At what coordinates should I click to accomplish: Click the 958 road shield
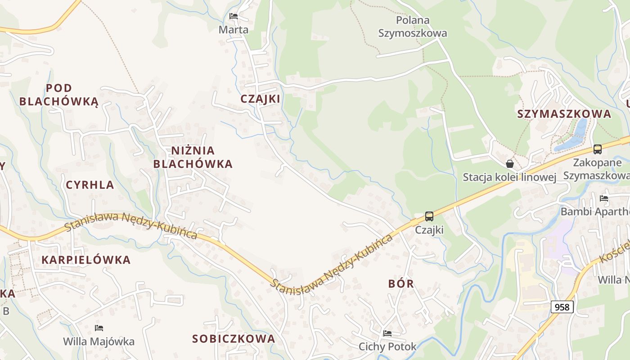[x=562, y=307]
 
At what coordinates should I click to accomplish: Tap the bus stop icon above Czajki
[x=429, y=216]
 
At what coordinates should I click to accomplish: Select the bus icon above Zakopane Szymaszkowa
[x=597, y=149]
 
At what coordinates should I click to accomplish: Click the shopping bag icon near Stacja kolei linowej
[x=510, y=164]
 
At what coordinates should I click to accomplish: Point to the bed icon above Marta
[x=233, y=16]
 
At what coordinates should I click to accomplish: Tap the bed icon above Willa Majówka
[x=99, y=328]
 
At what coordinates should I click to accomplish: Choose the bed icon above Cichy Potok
[x=387, y=333]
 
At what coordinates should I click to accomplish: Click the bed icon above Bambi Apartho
[x=604, y=198]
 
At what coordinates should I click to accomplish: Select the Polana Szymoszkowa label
[x=413, y=27]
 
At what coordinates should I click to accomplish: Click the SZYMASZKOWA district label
[x=564, y=114]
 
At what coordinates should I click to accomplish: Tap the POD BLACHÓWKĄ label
[x=58, y=94]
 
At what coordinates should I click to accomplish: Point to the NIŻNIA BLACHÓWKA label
[x=193, y=157]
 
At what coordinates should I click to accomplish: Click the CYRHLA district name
[x=90, y=185]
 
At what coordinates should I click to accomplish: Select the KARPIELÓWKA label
[x=86, y=260]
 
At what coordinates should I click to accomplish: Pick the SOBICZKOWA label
[x=234, y=339]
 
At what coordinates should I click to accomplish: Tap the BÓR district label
[x=401, y=283]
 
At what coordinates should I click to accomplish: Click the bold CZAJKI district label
[x=260, y=99]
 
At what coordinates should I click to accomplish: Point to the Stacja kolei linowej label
[x=509, y=177]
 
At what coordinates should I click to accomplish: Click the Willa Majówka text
[x=99, y=342]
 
